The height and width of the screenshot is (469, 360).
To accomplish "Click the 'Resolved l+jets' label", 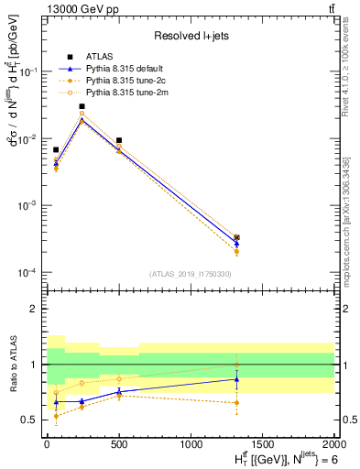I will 189,36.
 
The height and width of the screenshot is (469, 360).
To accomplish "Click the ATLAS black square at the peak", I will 82,106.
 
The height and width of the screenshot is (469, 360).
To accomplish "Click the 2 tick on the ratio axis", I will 33,309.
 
